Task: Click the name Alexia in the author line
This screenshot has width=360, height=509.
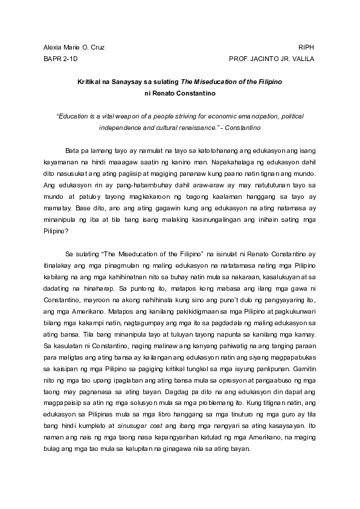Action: tap(53, 47)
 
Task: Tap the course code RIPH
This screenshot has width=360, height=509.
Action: tap(307, 47)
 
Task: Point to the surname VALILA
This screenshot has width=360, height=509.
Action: tap(301, 59)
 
